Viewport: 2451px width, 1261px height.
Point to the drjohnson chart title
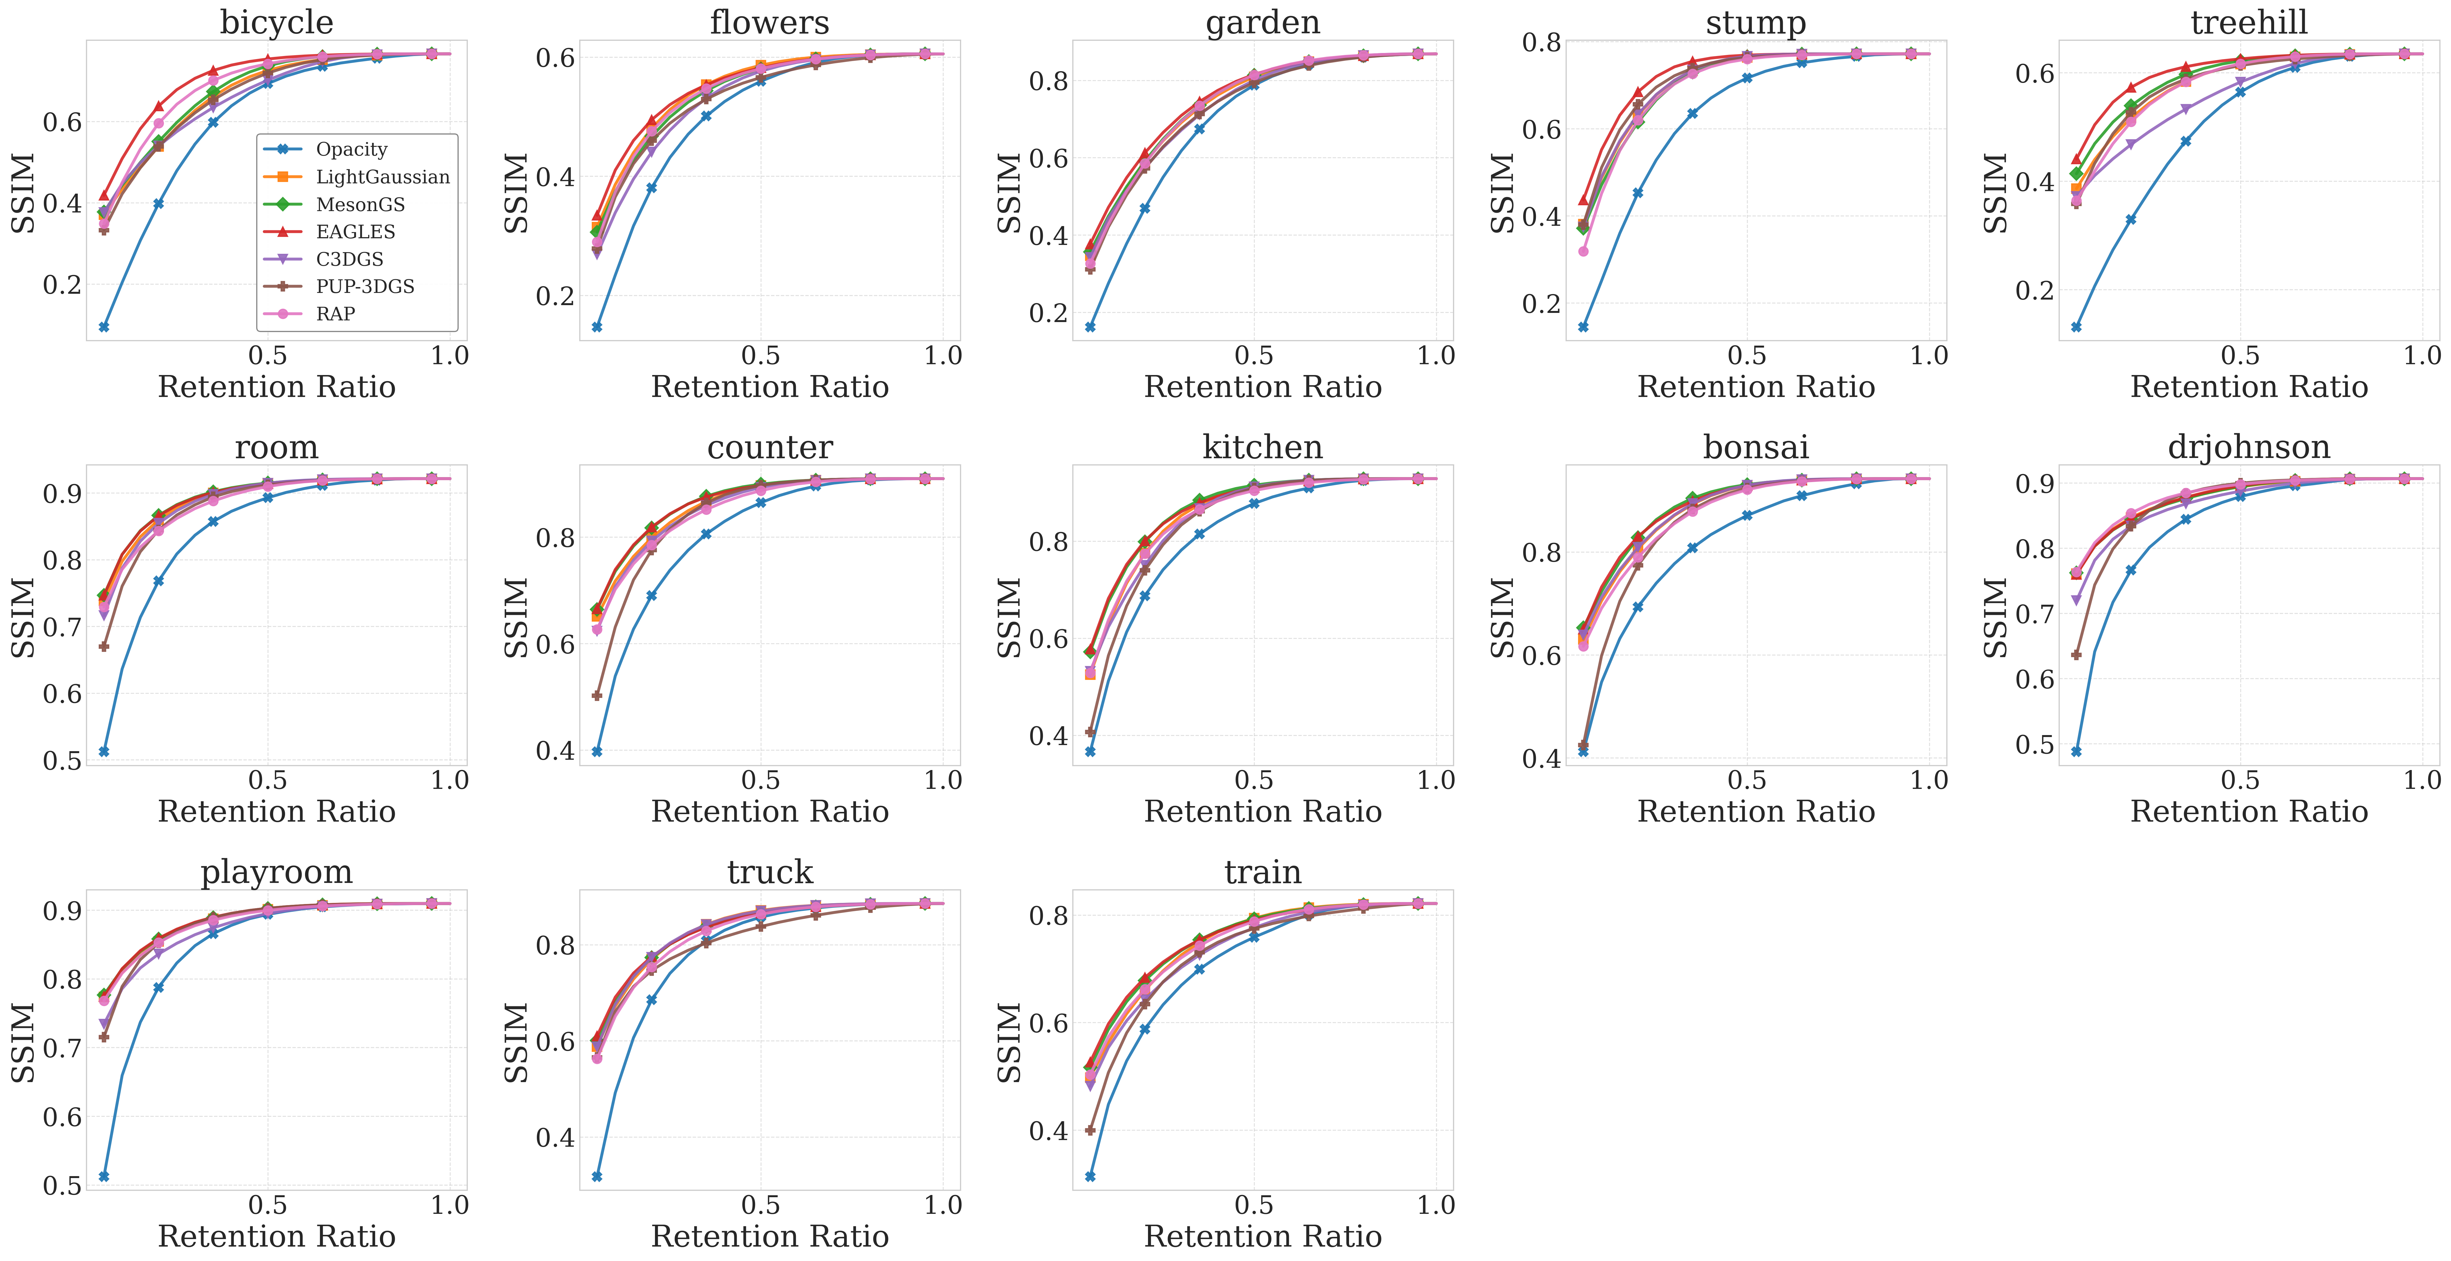(2248, 446)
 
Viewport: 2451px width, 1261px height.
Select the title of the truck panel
(770, 872)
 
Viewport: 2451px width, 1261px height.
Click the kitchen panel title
(1263, 446)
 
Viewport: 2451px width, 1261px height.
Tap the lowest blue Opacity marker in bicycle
(104, 326)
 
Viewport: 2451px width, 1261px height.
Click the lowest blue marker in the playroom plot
(104, 1176)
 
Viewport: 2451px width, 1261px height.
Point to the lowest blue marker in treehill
(2076, 326)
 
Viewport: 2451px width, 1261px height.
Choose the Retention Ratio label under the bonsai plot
(1756, 812)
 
